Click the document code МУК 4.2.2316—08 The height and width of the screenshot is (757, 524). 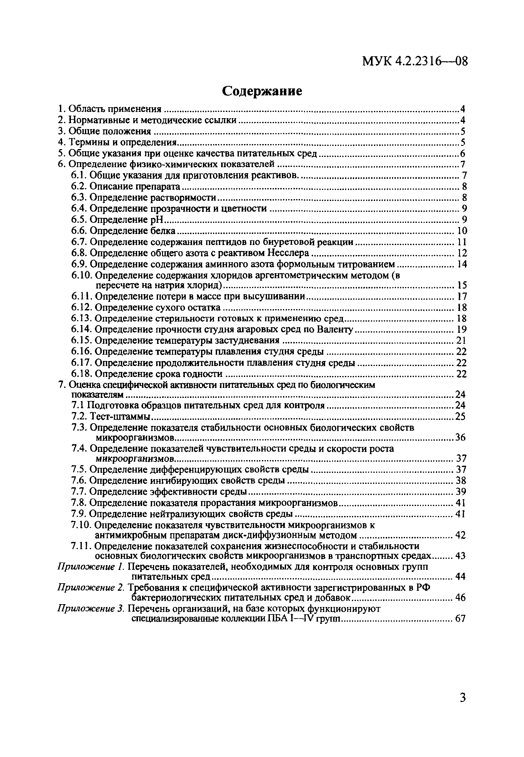point(415,62)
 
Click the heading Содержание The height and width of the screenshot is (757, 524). point(262,91)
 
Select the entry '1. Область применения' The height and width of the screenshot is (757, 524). point(110,109)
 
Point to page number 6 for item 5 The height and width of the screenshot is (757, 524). point(462,153)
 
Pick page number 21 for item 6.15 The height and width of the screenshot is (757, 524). point(461,340)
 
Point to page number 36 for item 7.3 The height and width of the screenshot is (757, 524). point(460,437)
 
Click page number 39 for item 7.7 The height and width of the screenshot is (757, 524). point(461,492)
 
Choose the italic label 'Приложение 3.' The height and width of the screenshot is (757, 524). point(91,609)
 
